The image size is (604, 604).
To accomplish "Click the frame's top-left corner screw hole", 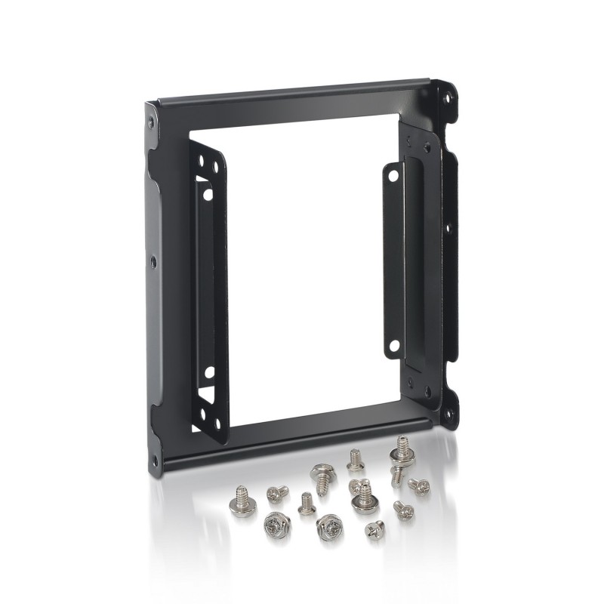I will coord(151,121).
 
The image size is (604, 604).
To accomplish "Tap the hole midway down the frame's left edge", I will coord(154,261).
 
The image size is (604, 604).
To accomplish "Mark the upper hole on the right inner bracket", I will coord(393,174).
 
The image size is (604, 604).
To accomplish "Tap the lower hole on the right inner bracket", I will coord(393,346).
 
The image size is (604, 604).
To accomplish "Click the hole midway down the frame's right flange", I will coord(447,226).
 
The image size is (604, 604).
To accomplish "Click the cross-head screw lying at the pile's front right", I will coord(373,528).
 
